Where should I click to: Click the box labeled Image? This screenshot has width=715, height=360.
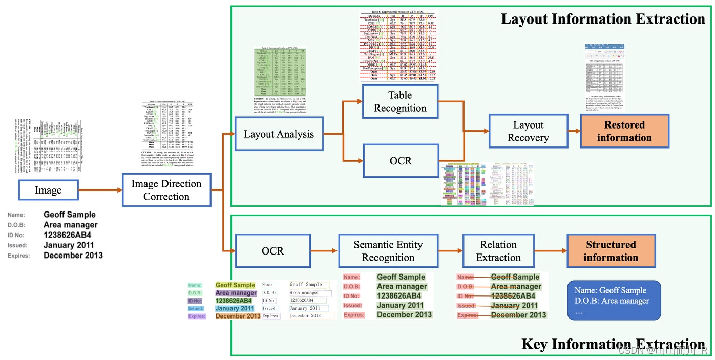coord(48,190)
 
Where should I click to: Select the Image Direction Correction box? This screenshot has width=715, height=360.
coord(166,190)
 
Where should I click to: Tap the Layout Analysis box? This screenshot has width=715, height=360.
coord(279,134)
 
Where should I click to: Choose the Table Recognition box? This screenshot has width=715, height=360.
coord(400,101)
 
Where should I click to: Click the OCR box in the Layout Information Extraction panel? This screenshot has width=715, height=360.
coord(400,161)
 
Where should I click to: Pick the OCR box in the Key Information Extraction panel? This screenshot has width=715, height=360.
coord(269,251)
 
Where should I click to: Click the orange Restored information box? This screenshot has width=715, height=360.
coord(624,131)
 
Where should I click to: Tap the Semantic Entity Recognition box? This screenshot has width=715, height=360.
coord(388,251)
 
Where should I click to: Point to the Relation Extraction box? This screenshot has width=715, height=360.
coord(498,251)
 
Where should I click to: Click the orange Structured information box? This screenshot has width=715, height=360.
coord(611,251)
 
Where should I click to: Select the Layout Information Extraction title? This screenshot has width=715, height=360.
coord(603,19)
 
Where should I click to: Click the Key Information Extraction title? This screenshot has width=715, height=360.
coord(613,344)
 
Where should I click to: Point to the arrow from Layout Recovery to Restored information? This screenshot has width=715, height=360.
coord(574,131)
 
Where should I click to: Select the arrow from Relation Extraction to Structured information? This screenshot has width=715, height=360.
coord(551,251)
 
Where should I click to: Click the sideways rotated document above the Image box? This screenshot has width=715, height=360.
coord(48,146)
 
